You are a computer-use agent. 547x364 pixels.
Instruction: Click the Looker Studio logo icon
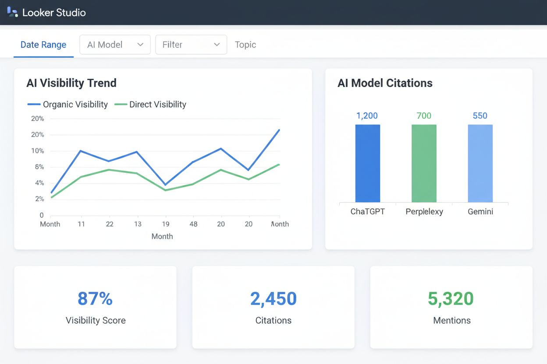(12, 12)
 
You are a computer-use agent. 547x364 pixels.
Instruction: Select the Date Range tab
(43, 45)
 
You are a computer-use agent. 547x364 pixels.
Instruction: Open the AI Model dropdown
(115, 45)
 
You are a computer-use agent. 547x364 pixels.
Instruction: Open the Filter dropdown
(191, 45)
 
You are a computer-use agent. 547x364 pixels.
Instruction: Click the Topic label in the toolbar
(245, 45)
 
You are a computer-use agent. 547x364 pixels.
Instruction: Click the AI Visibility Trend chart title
(71, 83)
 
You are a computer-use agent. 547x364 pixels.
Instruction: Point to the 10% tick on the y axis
(38, 151)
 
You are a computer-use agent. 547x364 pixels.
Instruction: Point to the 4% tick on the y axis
(39, 183)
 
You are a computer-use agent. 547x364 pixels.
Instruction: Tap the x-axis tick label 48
(193, 224)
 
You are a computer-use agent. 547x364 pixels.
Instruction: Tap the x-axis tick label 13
(138, 224)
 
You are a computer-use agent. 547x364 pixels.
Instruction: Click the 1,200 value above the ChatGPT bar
(367, 116)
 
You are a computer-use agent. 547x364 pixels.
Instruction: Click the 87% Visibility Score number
(95, 299)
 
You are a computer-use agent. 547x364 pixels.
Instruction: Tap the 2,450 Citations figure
(273, 299)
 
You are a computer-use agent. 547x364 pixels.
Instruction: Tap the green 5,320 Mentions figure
(451, 299)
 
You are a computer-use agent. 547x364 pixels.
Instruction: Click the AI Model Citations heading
(385, 83)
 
